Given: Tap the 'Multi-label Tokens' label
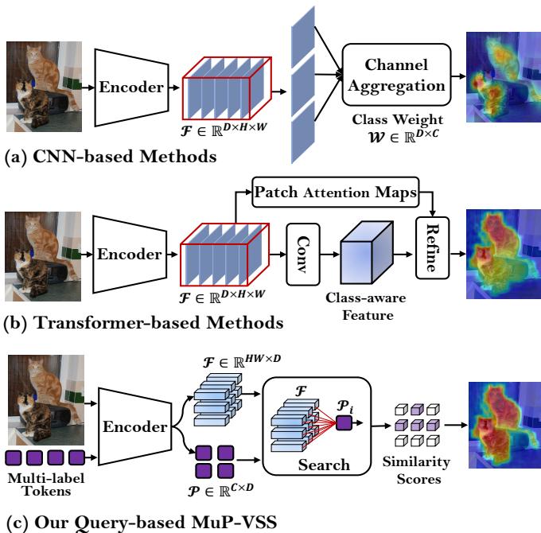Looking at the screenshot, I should click(45, 481).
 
